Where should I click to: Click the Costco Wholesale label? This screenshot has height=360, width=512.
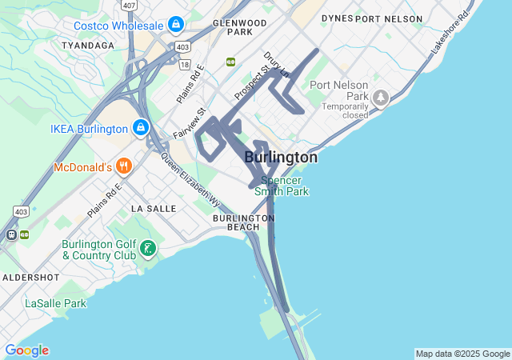pyautogui.click(x=119, y=26)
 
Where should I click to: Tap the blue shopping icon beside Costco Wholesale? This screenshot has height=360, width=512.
pyautogui.click(x=174, y=26)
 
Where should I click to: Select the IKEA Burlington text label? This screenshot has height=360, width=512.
pyautogui.click(x=89, y=128)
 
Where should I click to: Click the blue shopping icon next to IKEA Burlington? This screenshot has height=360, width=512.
pyautogui.click(x=140, y=127)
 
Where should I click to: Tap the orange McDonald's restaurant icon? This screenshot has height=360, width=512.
pyautogui.click(x=123, y=167)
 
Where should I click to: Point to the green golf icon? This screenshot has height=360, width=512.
pyautogui.click(x=147, y=249)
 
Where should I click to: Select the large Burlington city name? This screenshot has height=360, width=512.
pyautogui.click(x=280, y=158)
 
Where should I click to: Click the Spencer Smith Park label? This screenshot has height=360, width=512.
pyautogui.click(x=282, y=186)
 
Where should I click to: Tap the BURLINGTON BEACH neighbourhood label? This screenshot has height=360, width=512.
pyautogui.click(x=243, y=222)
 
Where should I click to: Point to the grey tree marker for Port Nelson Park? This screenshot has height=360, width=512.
pyautogui.click(x=381, y=98)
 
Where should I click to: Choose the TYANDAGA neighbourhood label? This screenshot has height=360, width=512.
pyautogui.click(x=87, y=46)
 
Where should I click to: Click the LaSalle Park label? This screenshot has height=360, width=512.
pyautogui.click(x=55, y=303)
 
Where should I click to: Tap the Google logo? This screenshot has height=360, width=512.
pyautogui.click(x=26, y=350)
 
